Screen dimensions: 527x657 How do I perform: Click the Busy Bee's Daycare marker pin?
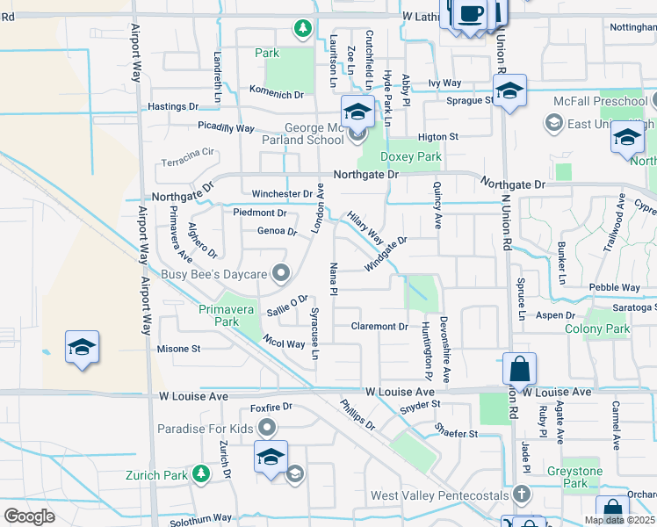[x=281, y=274]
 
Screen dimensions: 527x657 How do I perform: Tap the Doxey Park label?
[x=411, y=156]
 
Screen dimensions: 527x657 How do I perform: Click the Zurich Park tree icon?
[x=201, y=474]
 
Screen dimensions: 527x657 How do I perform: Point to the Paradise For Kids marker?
[x=267, y=428]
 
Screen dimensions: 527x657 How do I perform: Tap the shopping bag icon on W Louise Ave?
[x=519, y=370]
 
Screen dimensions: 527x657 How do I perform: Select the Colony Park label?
[x=597, y=329]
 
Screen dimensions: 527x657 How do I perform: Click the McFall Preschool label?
[x=600, y=101]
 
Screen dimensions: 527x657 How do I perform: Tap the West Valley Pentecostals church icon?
[x=522, y=495]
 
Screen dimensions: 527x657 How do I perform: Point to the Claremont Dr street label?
[x=379, y=326]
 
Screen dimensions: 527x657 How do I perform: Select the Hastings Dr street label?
[x=174, y=106]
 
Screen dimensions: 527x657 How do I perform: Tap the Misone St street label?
[x=178, y=349]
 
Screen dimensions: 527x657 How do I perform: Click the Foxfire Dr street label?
[x=271, y=408]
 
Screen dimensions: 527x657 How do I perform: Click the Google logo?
[x=29, y=516]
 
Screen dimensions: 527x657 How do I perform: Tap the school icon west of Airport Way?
[x=82, y=347]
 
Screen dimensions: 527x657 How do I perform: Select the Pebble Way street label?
[x=615, y=287]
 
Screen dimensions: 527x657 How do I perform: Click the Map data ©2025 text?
[x=618, y=520]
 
